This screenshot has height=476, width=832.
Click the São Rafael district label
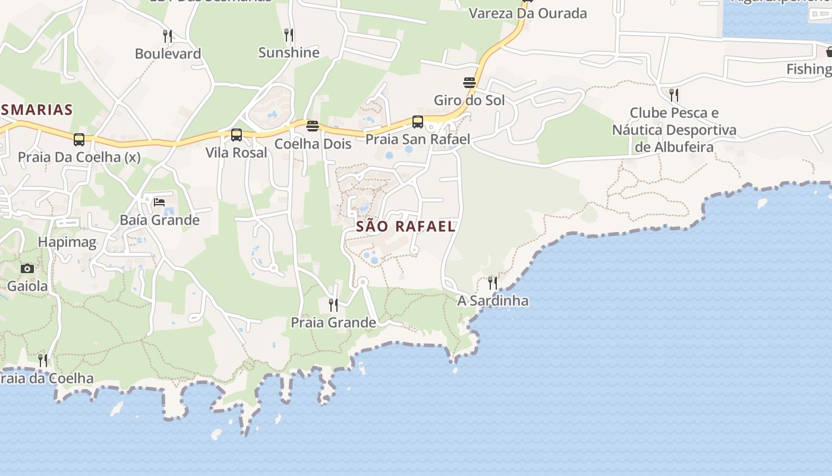pyautogui.click(x=406, y=226)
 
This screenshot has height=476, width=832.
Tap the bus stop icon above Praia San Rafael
pyautogui.click(x=418, y=122)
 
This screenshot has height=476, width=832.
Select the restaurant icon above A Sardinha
pyautogui.click(x=493, y=282)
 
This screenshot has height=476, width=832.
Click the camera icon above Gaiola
pyautogui.click(x=27, y=268)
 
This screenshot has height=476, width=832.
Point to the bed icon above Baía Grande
pyautogui.click(x=159, y=202)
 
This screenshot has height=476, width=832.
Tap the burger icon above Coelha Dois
pyautogui.click(x=313, y=126)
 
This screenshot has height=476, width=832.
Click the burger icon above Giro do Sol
pyautogui.click(x=469, y=82)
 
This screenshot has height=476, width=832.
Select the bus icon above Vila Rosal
pyautogui.click(x=237, y=135)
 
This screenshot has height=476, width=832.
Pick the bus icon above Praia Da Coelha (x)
pyautogui.click(x=79, y=140)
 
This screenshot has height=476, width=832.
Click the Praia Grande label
pyautogui.click(x=333, y=322)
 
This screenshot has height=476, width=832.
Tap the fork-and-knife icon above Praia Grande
pyautogui.click(x=333, y=305)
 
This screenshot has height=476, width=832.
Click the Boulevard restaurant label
pyautogui.click(x=168, y=54)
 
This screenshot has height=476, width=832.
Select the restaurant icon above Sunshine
pyautogui.click(x=289, y=35)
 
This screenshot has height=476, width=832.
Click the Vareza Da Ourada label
pyautogui.click(x=528, y=13)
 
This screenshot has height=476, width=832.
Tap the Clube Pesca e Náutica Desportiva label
pyautogui.click(x=674, y=130)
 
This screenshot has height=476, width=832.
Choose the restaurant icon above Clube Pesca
pyautogui.click(x=674, y=95)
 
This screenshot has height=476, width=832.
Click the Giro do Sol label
pyautogui.click(x=469, y=100)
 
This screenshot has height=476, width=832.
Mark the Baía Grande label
pyautogui.click(x=160, y=220)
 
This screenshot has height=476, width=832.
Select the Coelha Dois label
pyautogui.click(x=313, y=144)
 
